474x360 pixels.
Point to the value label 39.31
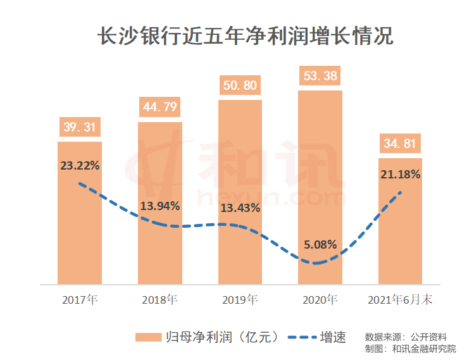coord(80,127)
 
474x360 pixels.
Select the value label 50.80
coord(240,85)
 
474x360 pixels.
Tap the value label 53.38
coord(320,76)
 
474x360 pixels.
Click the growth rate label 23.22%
coord(80,166)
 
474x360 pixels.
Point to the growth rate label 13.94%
coord(160,206)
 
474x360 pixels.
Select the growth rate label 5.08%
coord(320,244)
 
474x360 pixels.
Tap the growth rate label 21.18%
coord(400,175)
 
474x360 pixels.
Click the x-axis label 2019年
coord(240,299)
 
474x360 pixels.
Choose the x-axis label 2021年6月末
coord(400,299)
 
